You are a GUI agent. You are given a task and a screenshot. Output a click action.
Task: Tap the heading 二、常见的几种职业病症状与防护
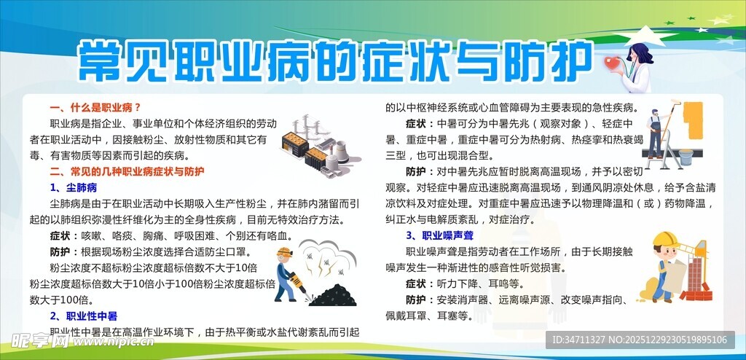pos(127,173)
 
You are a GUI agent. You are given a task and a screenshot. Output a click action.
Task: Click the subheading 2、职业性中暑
pos(83,316)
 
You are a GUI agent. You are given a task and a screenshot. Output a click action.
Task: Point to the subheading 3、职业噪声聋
pos(441,235)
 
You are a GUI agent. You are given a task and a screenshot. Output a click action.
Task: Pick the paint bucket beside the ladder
pos(686,155)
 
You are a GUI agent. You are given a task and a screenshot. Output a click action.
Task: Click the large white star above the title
pos(648,36)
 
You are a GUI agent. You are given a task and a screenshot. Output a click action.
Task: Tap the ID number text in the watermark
pos(640,340)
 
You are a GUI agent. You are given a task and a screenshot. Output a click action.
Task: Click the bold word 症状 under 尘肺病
pos(60,236)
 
